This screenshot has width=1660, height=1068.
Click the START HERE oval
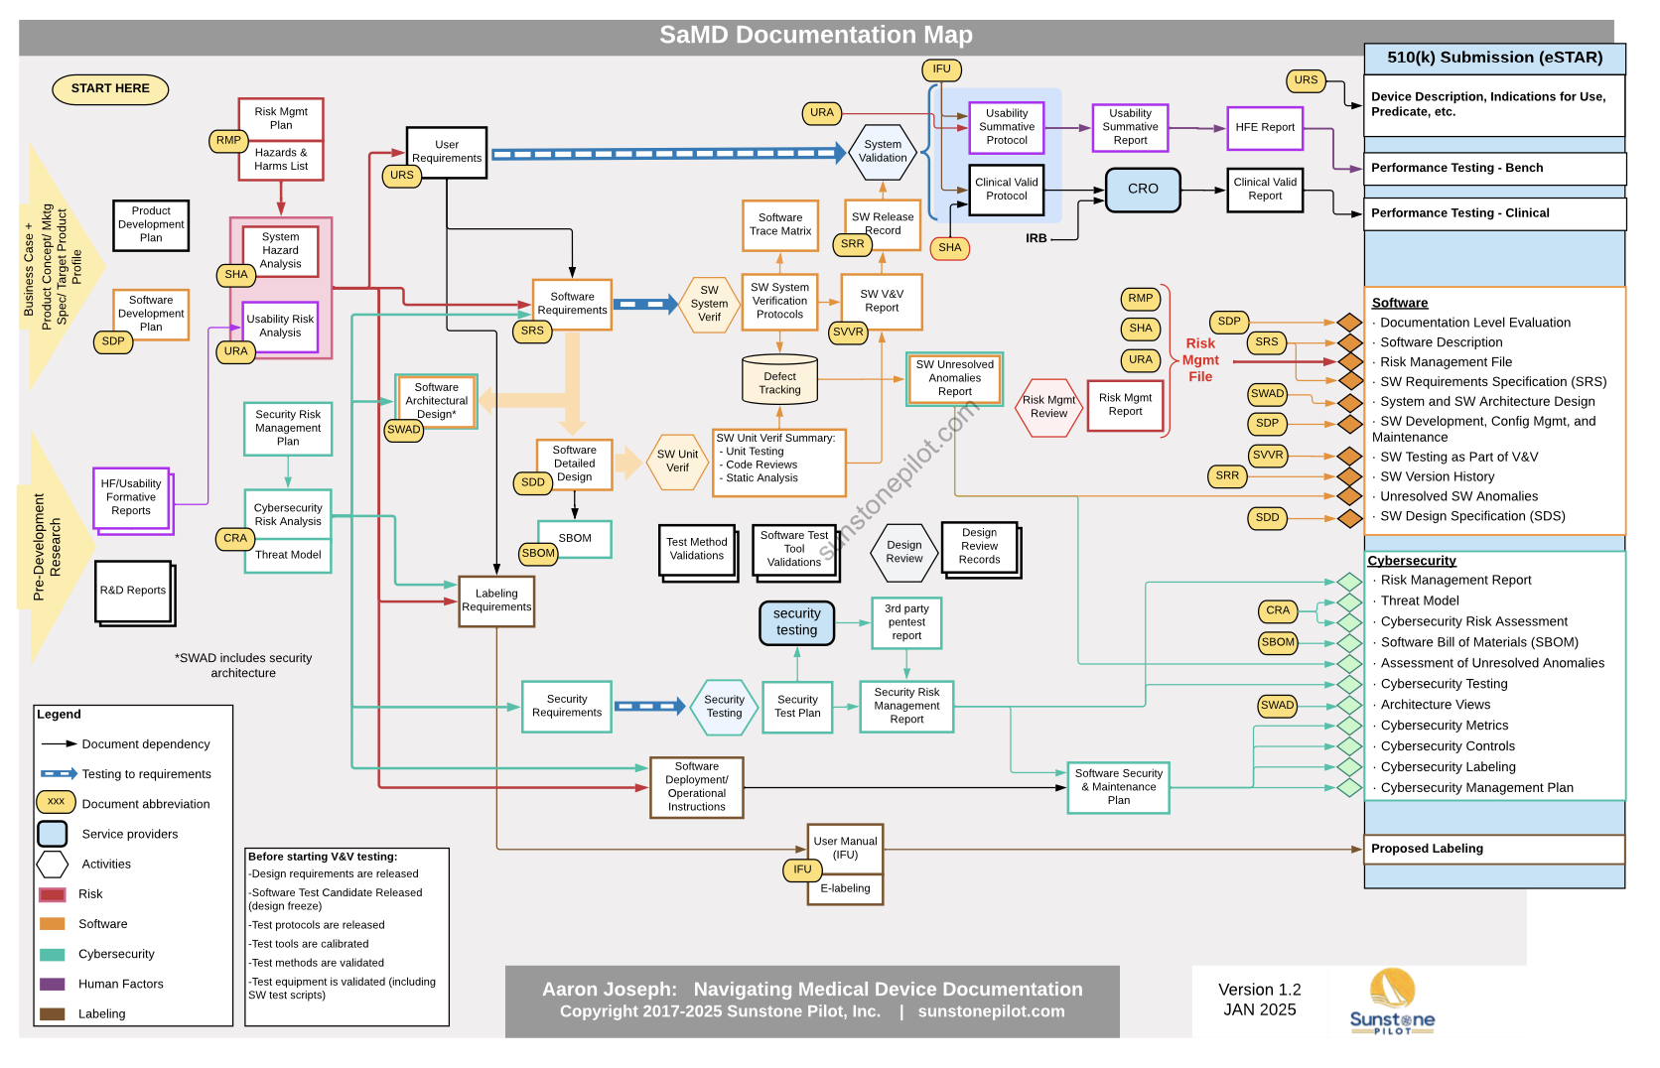pyautogui.click(x=110, y=89)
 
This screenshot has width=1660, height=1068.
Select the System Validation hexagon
pyautogui.click(x=883, y=152)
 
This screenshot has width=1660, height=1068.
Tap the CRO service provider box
pyautogui.click(x=1143, y=190)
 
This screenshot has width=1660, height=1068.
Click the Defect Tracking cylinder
pyautogui.click(x=779, y=382)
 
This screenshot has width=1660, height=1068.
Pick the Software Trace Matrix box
pyautogui.click(x=780, y=224)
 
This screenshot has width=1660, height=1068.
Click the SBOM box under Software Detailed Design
pyautogui.click(x=575, y=539)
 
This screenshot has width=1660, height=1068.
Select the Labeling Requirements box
pyautogui.click(x=496, y=601)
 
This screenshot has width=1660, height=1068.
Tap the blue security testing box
pyautogui.click(x=796, y=622)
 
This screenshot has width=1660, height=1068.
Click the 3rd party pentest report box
pyautogui.click(x=906, y=622)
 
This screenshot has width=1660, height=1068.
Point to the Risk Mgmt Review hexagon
pyautogui.click(x=1048, y=407)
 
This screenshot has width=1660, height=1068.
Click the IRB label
pyautogui.click(x=1037, y=239)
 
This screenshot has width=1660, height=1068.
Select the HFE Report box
pyautogui.click(x=1265, y=128)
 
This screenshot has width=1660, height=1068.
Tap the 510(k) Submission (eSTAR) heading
pyautogui.click(x=1494, y=58)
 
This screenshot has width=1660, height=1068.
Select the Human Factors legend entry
pyautogui.click(x=120, y=984)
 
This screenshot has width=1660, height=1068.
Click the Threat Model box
pyautogui.click(x=288, y=556)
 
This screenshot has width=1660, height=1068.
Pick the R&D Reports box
pyautogui.click(x=133, y=591)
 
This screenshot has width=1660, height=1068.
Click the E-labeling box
pyautogui.click(x=845, y=889)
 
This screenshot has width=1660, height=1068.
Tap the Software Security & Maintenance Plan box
pyautogui.click(x=1118, y=787)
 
